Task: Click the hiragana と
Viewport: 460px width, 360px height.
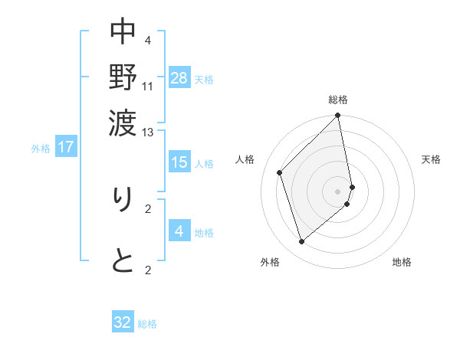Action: tap(123, 261)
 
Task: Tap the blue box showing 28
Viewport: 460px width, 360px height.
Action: tap(179, 77)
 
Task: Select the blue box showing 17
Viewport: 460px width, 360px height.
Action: tap(66, 146)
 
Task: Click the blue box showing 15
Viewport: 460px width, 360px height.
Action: tap(179, 162)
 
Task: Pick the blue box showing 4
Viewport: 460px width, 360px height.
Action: tap(179, 231)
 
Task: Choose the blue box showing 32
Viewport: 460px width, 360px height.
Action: tap(123, 322)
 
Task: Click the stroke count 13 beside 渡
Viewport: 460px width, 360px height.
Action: tap(148, 133)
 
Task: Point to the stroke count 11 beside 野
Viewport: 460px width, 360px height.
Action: tap(148, 86)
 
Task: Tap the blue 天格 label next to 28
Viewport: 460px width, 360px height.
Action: tap(204, 79)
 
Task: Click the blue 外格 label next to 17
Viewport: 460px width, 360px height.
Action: tap(41, 149)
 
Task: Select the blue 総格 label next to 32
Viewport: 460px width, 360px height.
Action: tap(147, 325)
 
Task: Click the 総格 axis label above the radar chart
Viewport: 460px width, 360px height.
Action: tap(338, 100)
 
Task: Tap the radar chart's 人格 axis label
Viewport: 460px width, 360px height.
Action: tap(245, 159)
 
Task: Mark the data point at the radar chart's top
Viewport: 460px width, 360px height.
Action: tap(338, 116)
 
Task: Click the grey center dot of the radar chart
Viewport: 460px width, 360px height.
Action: tap(338, 191)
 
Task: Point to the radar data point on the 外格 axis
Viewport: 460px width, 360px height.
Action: tap(302, 242)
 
